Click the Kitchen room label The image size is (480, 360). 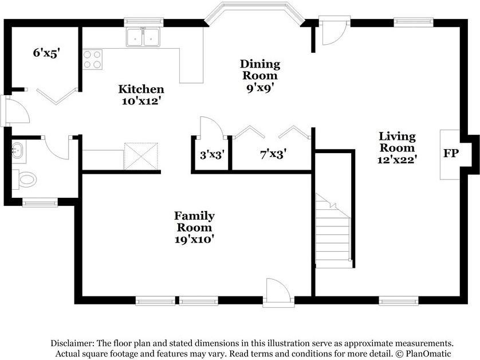141,89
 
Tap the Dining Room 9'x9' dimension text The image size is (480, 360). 259,88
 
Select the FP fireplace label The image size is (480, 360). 451,153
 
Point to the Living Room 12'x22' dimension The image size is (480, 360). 397,159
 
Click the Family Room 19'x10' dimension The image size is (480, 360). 194,239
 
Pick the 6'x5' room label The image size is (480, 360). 46,53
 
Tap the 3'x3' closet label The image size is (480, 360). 213,155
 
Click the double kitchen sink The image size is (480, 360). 143,37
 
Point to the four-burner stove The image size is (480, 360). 92,60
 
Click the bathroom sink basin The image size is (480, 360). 18,150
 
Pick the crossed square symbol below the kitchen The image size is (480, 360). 141,156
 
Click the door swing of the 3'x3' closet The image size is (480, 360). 212,127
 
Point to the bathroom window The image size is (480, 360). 40,202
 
